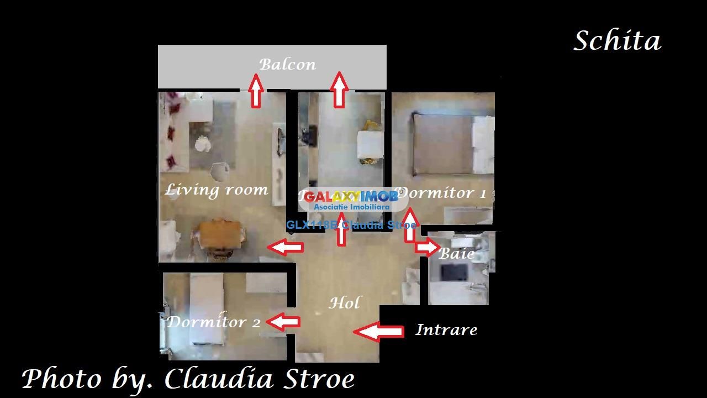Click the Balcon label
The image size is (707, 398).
pos(288,64)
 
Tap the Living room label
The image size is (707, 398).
pos(217,190)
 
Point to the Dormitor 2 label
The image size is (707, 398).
pos(213,322)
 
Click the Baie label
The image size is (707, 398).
pos(456,254)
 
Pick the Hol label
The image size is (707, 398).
pos(345,303)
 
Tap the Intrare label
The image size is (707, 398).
pos(446,330)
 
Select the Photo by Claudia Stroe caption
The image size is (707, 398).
pos(188,379)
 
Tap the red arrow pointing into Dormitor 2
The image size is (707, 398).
pos(283,322)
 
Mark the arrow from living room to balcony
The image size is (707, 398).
pos(256,91)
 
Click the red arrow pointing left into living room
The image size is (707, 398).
pos(286,247)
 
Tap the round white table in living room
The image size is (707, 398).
pos(202,144)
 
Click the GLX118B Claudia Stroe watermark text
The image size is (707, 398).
pos(351,225)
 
